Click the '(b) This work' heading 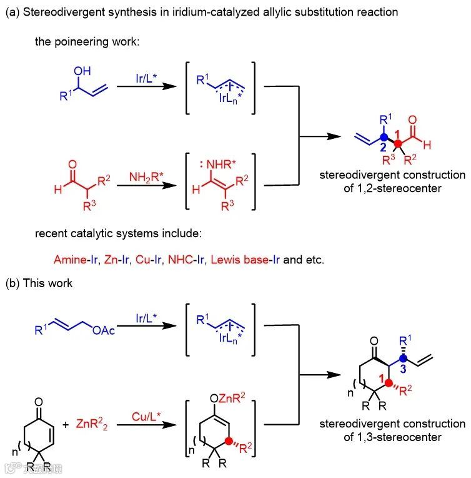[x=39, y=283]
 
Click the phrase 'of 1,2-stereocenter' [x=392, y=187]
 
